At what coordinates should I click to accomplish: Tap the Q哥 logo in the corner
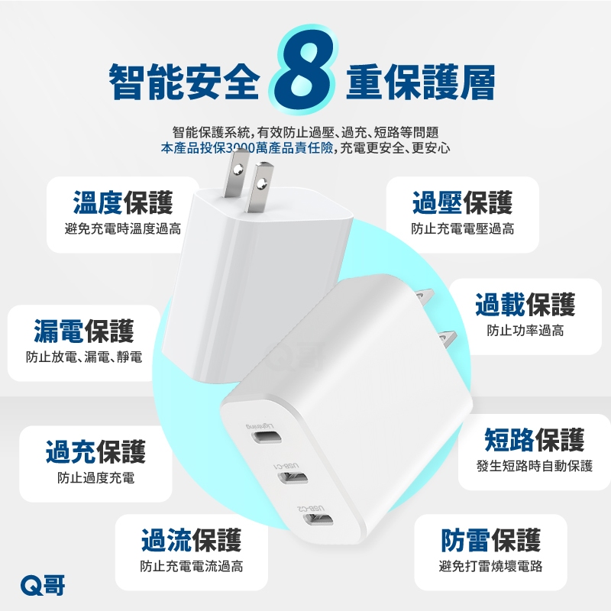[43, 585]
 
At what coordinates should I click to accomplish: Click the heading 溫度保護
[123, 202]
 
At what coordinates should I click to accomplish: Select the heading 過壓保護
[462, 202]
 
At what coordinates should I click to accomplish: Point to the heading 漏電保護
[84, 331]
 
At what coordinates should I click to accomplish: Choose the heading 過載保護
[525, 304]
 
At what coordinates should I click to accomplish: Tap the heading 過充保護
[95, 451]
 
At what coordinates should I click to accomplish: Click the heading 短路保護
[534, 440]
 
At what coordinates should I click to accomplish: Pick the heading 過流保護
[192, 541]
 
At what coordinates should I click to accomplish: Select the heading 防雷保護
[490, 541]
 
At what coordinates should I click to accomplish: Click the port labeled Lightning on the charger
[266, 437]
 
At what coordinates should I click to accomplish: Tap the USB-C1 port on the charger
[293, 478]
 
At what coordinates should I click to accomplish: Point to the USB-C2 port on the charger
[318, 520]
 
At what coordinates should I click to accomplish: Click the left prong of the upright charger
[236, 173]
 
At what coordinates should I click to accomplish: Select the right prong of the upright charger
[260, 188]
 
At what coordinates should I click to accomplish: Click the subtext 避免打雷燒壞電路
[490, 566]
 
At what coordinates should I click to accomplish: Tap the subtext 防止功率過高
[525, 331]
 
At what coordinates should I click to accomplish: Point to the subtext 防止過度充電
[95, 478]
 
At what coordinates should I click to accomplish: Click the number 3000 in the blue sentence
[241, 148]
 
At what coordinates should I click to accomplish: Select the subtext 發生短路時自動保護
[534, 466]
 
